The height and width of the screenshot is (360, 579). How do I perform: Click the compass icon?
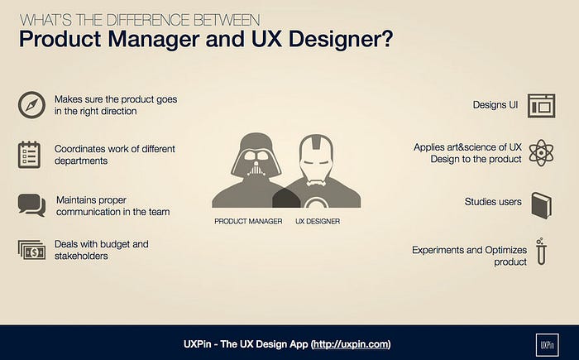[31, 105]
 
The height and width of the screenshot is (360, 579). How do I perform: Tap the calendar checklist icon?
[29, 155]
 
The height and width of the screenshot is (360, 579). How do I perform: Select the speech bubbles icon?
[31, 205]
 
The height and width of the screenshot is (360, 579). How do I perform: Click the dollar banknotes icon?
[31, 250]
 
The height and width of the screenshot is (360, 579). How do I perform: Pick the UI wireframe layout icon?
[541, 106]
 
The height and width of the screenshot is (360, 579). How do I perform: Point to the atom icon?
[541, 152]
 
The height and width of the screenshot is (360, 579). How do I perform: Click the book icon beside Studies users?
[542, 205]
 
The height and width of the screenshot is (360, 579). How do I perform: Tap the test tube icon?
[541, 252]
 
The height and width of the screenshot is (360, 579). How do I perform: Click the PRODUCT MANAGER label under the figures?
[248, 222]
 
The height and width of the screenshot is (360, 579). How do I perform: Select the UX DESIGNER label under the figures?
[318, 222]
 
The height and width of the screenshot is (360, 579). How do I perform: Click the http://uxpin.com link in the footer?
[352, 344]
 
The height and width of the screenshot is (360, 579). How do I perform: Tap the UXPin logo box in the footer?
[547, 345]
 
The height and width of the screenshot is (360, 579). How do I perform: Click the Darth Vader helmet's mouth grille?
[256, 170]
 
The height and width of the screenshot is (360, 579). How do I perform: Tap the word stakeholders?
[81, 256]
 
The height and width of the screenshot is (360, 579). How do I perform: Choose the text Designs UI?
[495, 105]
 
